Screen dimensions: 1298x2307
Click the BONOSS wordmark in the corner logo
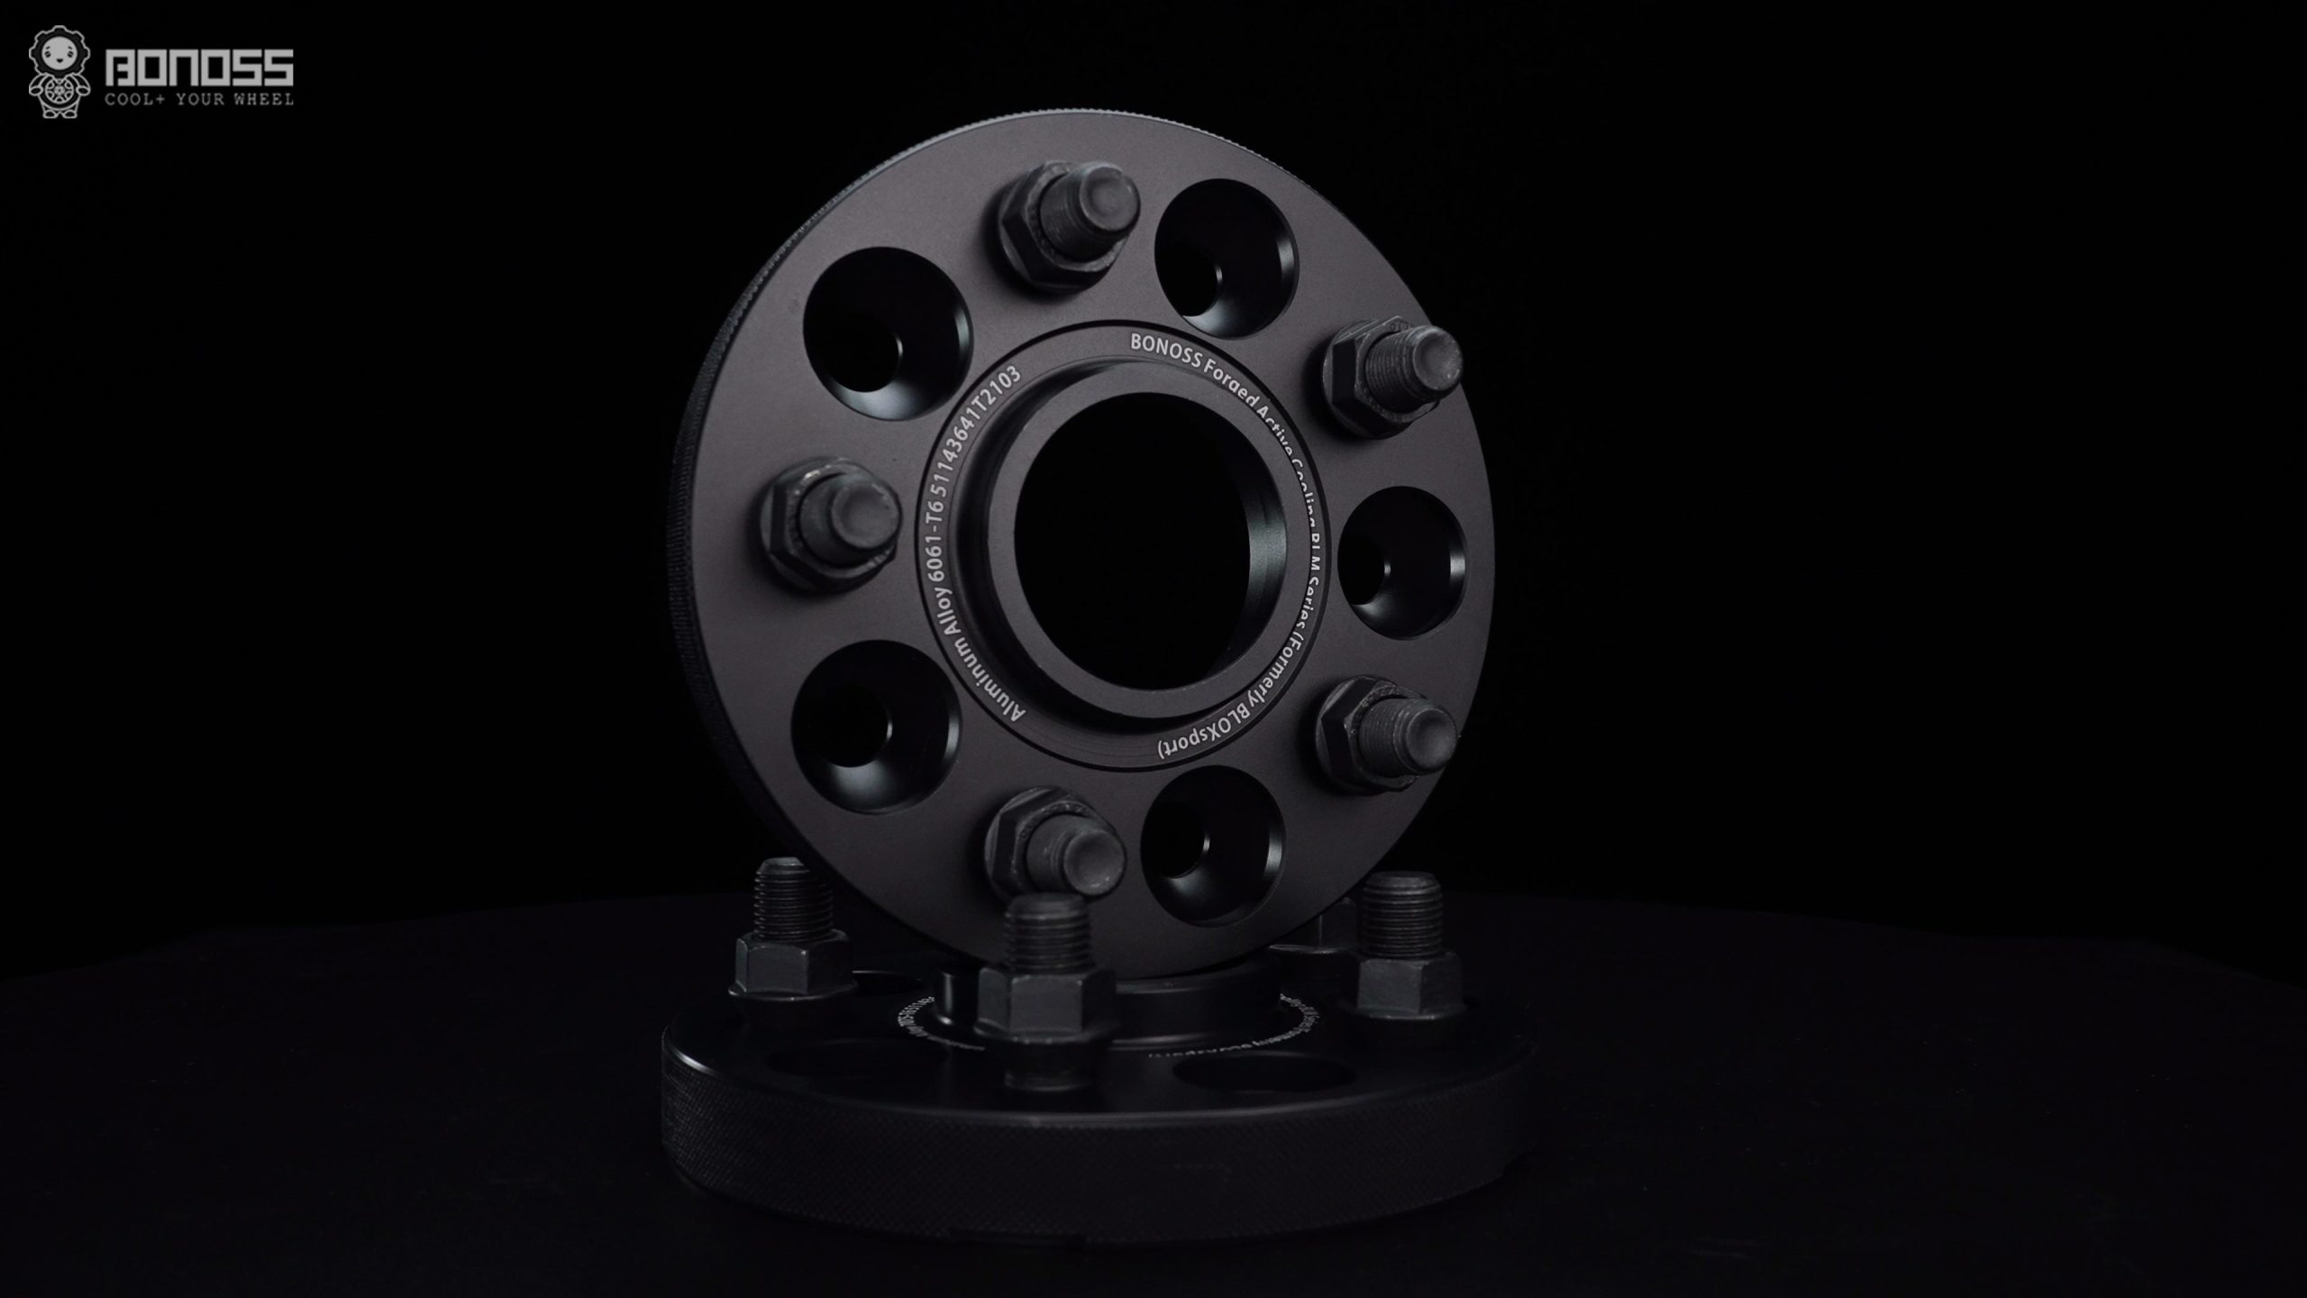pyautogui.click(x=199, y=68)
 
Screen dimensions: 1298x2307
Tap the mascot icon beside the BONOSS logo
pyautogui.click(x=59, y=86)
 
